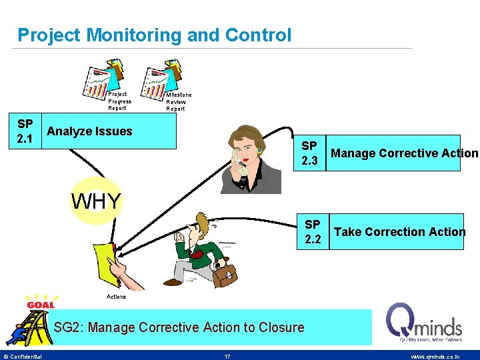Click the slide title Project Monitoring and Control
tap(154, 35)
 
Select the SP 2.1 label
tap(25, 131)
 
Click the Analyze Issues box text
tap(89, 131)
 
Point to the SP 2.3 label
tap(309, 153)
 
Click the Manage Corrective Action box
tap(403, 153)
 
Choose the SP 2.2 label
tap(313, 231)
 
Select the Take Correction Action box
tap(399, 231)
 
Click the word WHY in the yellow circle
tap(97, 201)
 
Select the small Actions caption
tap(115, 296)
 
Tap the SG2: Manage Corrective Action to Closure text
tap(179, 327)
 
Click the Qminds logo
tap(424, 323)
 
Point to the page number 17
tap(227, 356)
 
